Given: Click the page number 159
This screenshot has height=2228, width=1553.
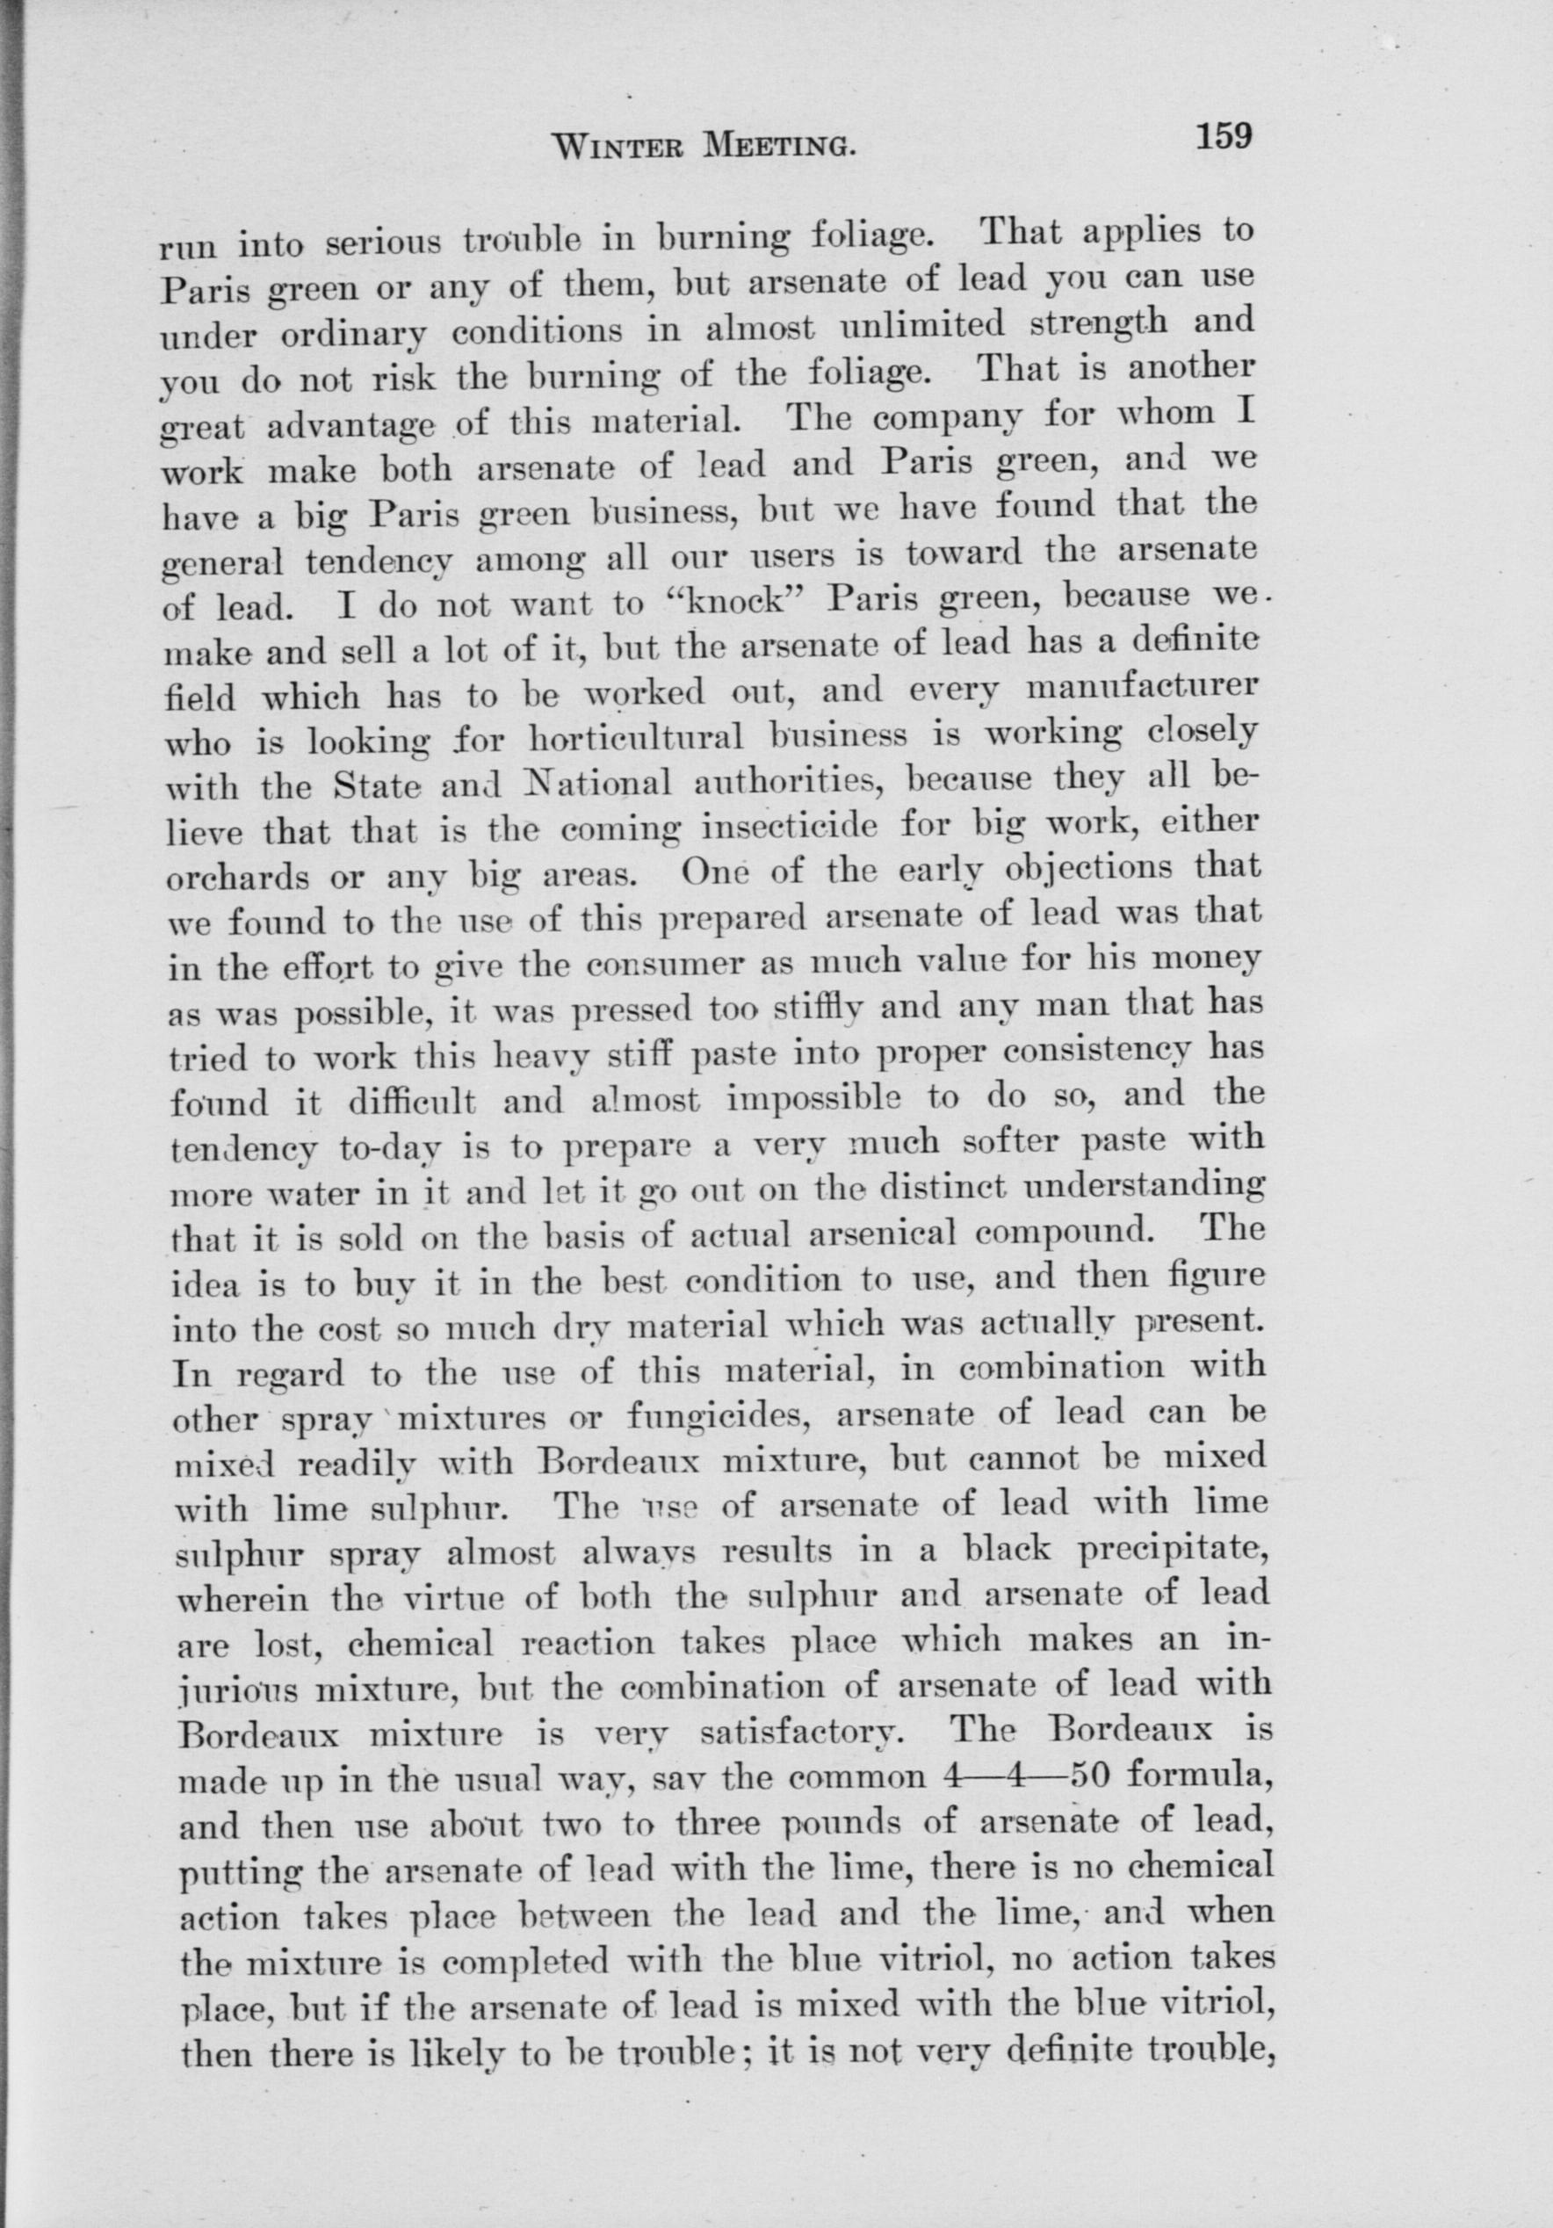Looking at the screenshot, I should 1224,135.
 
